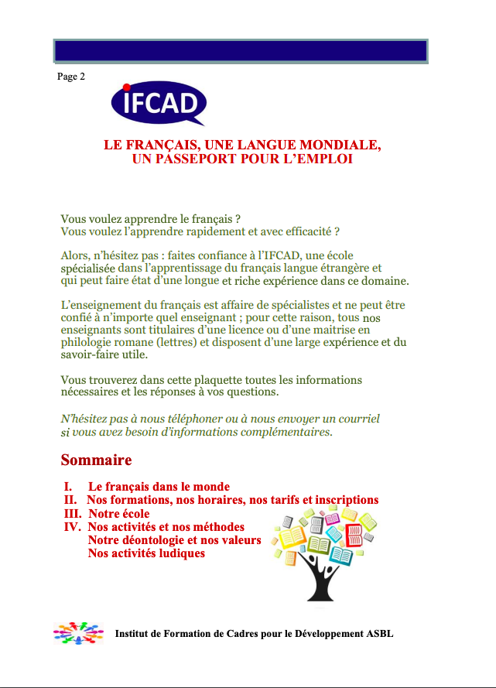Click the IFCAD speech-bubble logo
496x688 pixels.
(x=159, y=104)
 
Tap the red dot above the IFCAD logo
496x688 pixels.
(x=126, y=87)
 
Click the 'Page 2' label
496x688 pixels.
(x=71, y=77)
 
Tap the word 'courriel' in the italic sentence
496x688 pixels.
(x=355, y=419)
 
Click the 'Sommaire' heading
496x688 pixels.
(x=96, y=460)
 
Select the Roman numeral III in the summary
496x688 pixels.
(x=73, y=514)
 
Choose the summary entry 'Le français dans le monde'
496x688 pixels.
(x=159, y=487)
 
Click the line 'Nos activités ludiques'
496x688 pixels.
(x=146, y=553)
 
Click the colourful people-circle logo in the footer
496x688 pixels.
(x=78, y=633)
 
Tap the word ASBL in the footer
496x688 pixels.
(x=379, y=634)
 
